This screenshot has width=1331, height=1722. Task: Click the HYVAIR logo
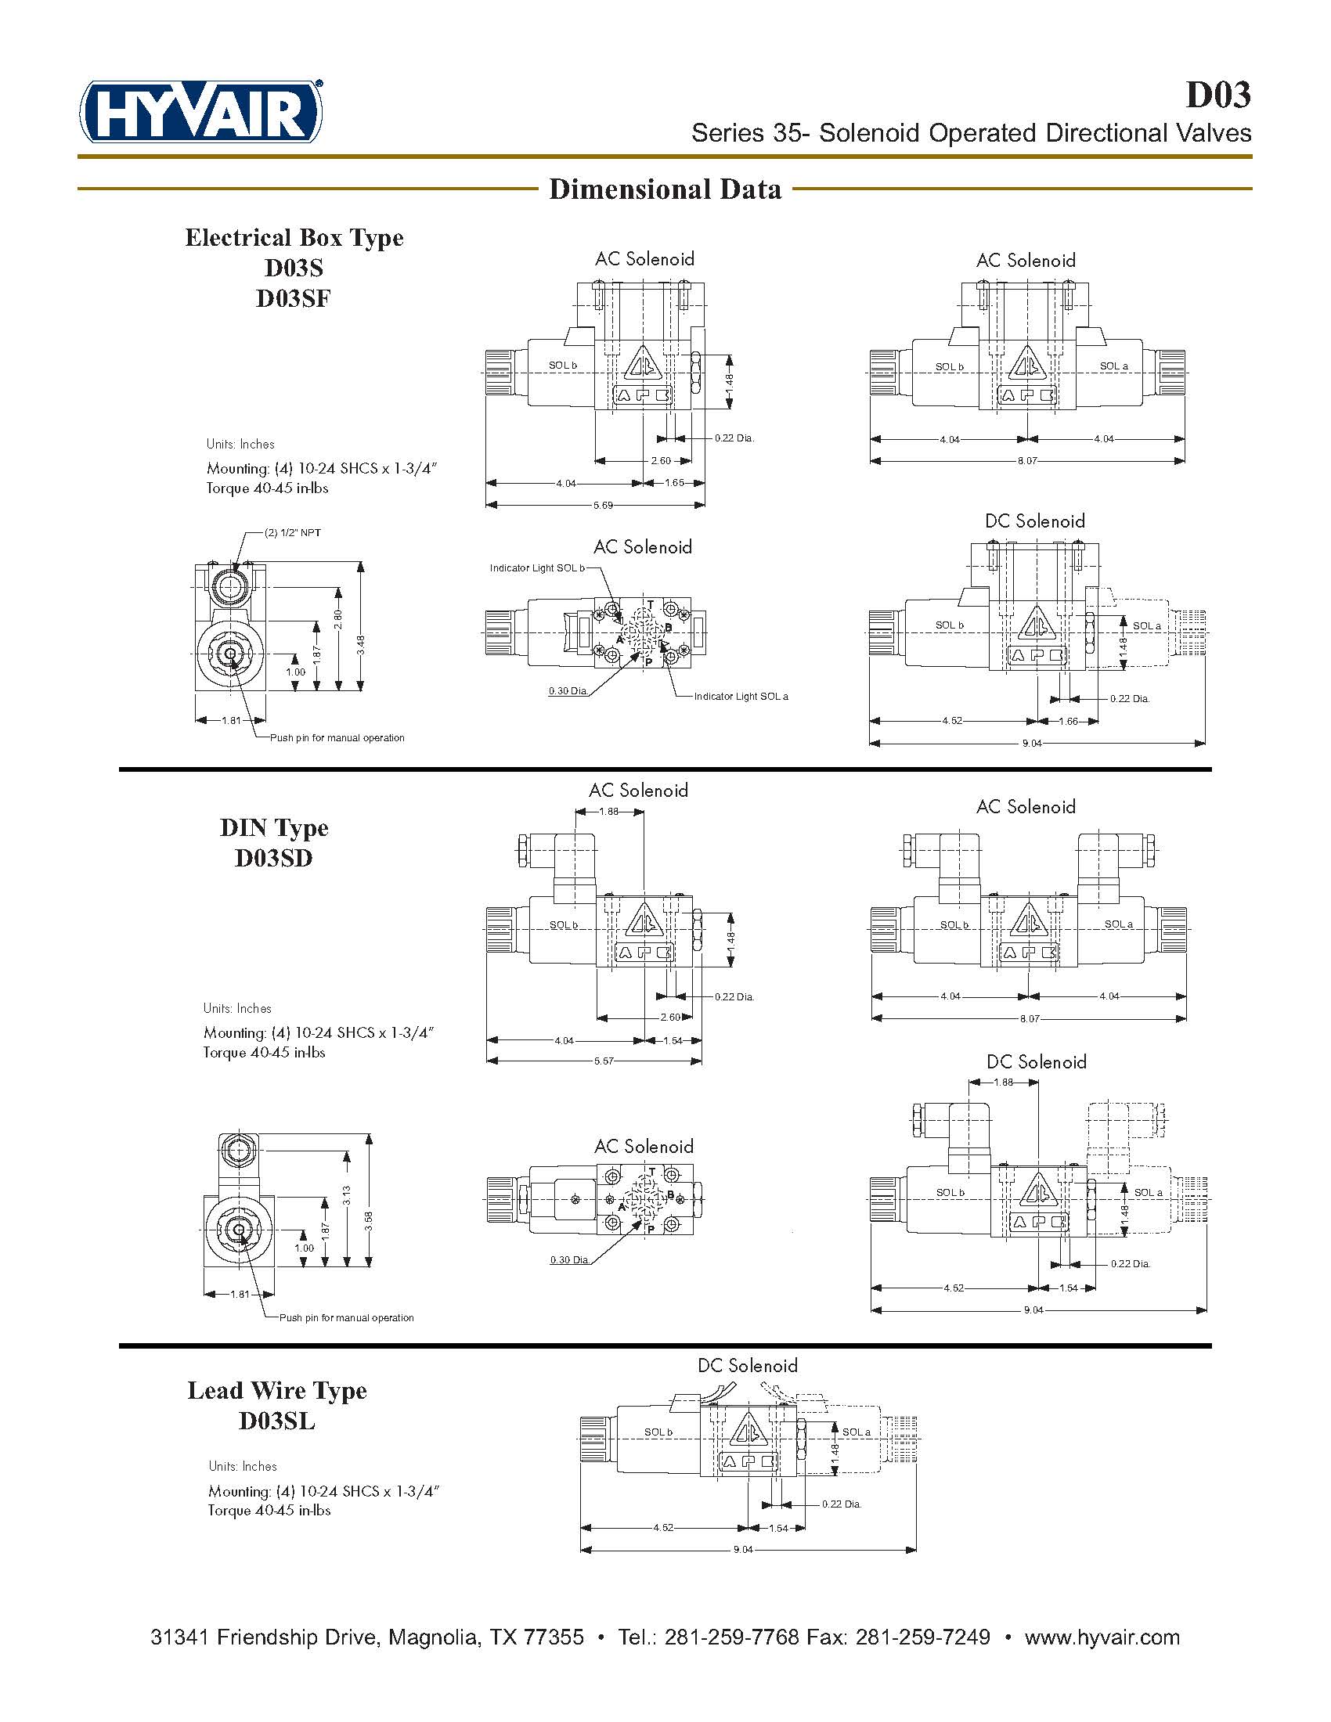[200, 112]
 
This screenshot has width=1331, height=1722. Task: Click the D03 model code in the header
[1218, 95]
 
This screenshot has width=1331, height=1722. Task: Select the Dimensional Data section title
[665, 189]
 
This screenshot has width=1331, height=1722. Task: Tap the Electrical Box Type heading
[294, 237]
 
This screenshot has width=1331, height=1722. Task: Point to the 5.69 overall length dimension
[602, 506]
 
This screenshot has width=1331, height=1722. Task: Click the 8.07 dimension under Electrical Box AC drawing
[1026, 461]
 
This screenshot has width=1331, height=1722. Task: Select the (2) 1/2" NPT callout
[293, 533]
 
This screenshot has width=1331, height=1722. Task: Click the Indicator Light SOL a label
[741, 697]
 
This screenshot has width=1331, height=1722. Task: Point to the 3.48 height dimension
[360, 645]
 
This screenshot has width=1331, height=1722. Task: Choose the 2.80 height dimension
[338, 619]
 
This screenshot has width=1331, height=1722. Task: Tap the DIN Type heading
[273, 828]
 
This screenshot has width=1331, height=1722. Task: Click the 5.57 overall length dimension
[603, 1061]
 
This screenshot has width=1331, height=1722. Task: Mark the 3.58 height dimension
[368, 1221]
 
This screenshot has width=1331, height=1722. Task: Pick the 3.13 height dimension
[346, 1195]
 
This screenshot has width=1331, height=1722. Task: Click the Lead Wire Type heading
[276, 1391]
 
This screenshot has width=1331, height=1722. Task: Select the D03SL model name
[276, 1421]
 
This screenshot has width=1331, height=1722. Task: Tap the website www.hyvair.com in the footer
[1102, 1637]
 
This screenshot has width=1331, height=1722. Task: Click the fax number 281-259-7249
[922, 1637]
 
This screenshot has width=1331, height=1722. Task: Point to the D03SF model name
[294, 299]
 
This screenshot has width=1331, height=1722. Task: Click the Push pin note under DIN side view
[346, 1317]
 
